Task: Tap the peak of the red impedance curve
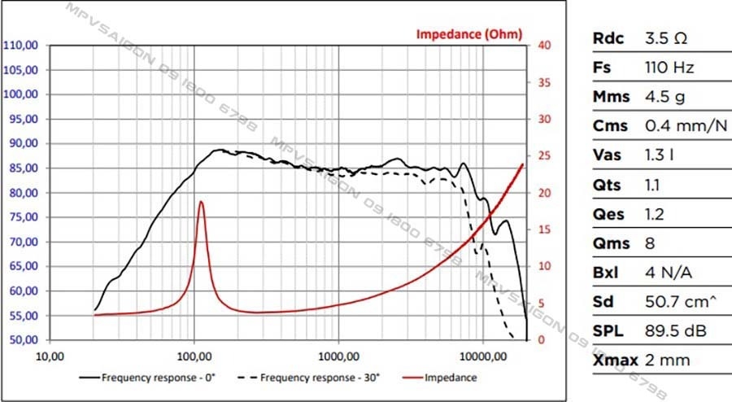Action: [200, 202]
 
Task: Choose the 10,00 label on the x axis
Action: [50, 355]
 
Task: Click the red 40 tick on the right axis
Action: [547, 46]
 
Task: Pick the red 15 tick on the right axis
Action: [547, 229]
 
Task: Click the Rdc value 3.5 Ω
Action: [665, 38]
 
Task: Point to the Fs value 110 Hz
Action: [669, 68]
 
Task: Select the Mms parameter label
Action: [611, 97]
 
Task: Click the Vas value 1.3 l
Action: [660, 155]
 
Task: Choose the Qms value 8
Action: [650, 243]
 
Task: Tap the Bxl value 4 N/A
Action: [665, 273]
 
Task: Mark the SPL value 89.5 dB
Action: [671, 331]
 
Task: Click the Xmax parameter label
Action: [615, 360]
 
